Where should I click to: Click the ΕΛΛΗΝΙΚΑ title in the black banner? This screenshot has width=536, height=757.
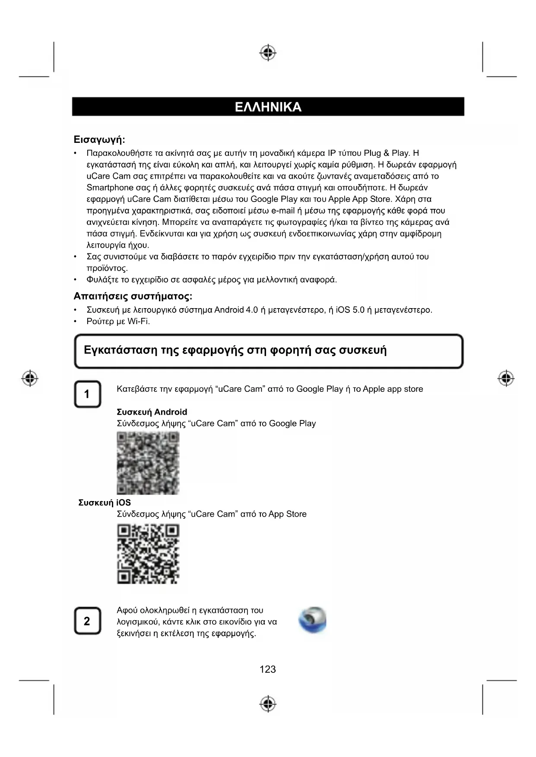tap(268, 107)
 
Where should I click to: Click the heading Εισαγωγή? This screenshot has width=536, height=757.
tap(99, 140)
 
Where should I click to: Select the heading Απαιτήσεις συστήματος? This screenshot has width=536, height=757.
tap(133, 296)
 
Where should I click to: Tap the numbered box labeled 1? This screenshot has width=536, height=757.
tap(87, 394)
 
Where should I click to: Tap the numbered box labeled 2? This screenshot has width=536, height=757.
tap(87, 621)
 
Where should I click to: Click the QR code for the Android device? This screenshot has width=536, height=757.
tap(148, 463)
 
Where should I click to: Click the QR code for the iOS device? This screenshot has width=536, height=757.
tap(148, 554)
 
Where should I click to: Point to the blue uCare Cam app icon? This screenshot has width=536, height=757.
tap(313, 620)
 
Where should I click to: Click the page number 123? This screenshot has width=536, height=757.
tap(268, 669)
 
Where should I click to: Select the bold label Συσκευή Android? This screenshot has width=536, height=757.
tap(152, 412)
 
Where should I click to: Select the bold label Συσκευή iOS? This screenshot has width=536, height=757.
tap(105, 503)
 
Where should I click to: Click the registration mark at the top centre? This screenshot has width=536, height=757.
tap(268, 53)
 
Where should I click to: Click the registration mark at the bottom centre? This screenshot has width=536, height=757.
tap(268, 703)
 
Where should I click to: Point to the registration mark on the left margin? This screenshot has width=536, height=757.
tap(30, 378)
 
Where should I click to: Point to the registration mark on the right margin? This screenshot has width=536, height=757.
tap(506, 378)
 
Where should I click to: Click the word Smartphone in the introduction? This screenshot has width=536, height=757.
tap(110, 188)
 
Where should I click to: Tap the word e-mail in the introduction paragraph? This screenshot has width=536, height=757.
tap(283, 211)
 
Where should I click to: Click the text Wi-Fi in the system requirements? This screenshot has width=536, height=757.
tap(139, 322)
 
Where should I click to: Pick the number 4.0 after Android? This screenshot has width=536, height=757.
tap(252, 310)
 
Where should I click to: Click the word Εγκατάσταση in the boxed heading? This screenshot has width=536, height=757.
tap(121, 350)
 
